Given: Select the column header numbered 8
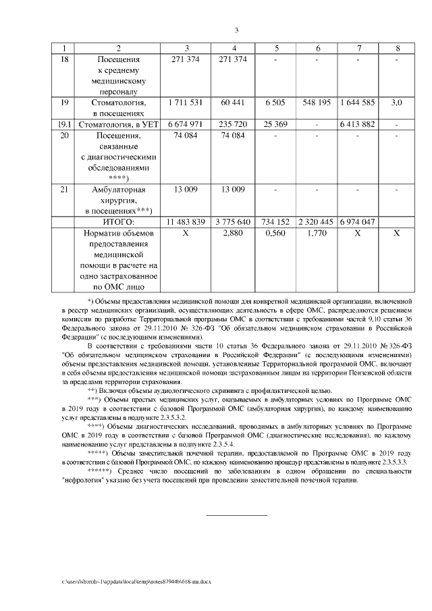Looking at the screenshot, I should coord(397,48).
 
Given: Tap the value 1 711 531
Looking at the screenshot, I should coord(184,102).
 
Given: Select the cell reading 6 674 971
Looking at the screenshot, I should coord(184,124).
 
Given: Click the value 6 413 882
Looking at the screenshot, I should coord(358,124).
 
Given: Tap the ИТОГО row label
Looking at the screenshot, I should coord(118,221).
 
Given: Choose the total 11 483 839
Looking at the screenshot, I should coord(185,221).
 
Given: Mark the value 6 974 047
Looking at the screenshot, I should coord(358,221).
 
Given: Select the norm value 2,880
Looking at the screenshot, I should coord(233,233).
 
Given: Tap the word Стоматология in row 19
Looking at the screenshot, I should coord(118,102).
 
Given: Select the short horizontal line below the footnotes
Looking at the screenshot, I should coord(236,516).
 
